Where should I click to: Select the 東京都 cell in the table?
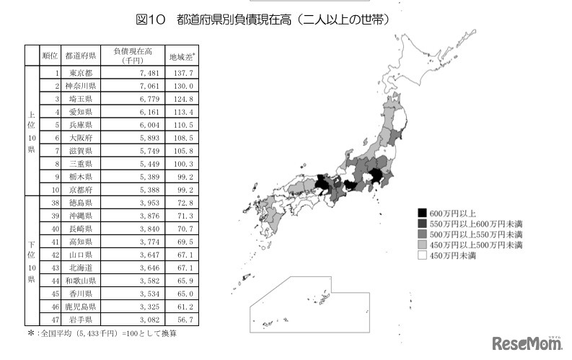click(x=79, y=73)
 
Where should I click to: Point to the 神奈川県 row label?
click(x=79, y=86)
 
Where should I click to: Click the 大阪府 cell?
click(x=79, y=138)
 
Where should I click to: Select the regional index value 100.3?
click(x=182, y=164)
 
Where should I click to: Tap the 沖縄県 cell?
click(x=79, y=216)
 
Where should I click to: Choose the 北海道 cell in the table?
click(x=79, y=268)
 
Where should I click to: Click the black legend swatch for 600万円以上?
click(x=422, y=213)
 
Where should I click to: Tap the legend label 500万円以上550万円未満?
click(x=475, y=234)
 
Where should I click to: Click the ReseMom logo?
click(x=526, y=343)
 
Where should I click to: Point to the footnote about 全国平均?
click(x=101, y=333)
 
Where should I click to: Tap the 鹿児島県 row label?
click(x=79, y=307)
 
